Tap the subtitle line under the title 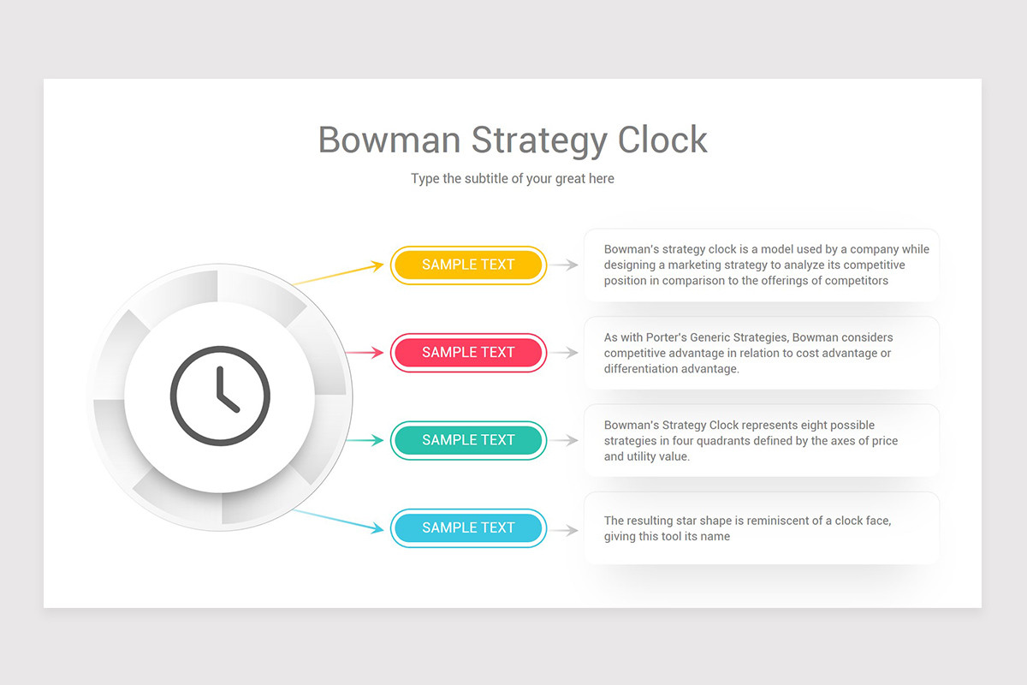(513, 179)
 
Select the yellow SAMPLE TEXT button (468, 265)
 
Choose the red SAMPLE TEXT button (468, 353)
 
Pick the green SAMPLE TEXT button (468, 440)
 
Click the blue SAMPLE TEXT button (468, 528)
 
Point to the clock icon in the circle (220, 395)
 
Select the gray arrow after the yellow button (565, 265)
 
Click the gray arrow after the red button (565, 353)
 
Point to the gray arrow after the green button (565, 440)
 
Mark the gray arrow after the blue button (565, 529)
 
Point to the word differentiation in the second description (642, 369)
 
